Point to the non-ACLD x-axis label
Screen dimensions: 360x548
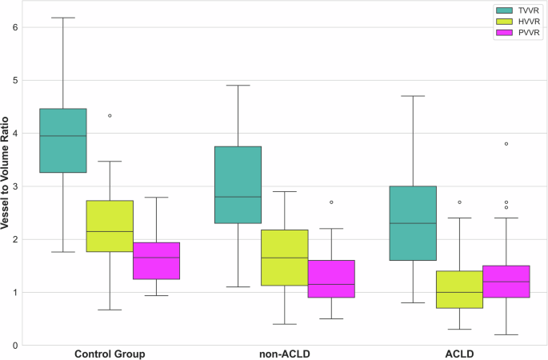[285, 353]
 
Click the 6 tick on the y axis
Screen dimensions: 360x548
[16, 27]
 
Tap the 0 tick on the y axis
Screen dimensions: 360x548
[16, 346]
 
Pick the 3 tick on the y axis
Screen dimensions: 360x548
[16, 186]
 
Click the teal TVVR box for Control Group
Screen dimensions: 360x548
[63, 141]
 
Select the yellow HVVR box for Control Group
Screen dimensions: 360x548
[110, 226]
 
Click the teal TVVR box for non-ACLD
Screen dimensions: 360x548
[238, 185]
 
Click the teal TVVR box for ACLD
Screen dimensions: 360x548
[413, 223]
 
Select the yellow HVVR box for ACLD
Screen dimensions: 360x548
[459, 290]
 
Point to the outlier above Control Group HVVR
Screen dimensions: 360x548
[110, 116]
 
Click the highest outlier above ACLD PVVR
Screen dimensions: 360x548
[506, 144]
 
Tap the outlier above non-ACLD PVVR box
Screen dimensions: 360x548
[331, 202]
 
